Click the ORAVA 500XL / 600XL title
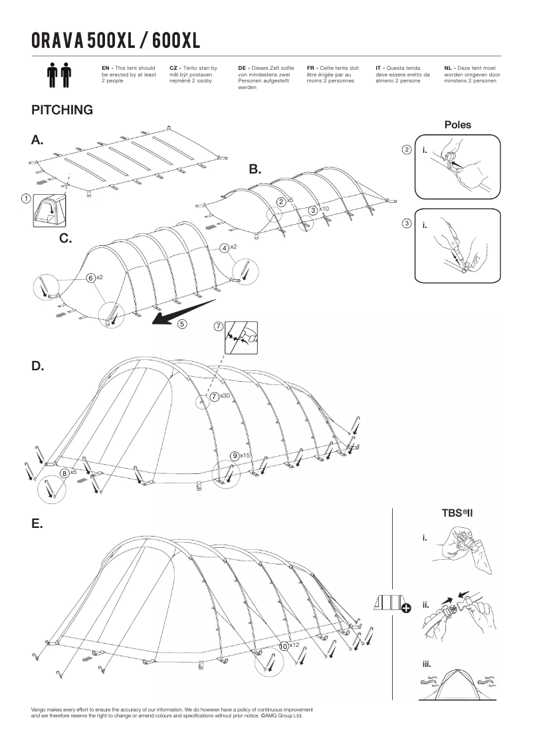pos(116,41)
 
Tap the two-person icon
pos(59,76)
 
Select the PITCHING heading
pos(62,110)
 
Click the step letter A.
pos(37,140)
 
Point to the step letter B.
pos(255,170)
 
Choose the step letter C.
pos(66,239)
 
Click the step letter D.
pos(38,366)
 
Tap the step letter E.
pos(37,524)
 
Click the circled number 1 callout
pos(26,199)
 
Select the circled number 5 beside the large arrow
pos(182,324)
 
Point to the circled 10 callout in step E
pos(284,646)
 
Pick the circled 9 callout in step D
pos(235,456)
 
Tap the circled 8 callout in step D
pos(64,473)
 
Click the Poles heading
pos(458,125)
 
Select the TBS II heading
pos(457,514)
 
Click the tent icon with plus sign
pos(392,604)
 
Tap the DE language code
pos(242,68)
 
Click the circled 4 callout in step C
pos(224,248)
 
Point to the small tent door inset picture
pos(49,210)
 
